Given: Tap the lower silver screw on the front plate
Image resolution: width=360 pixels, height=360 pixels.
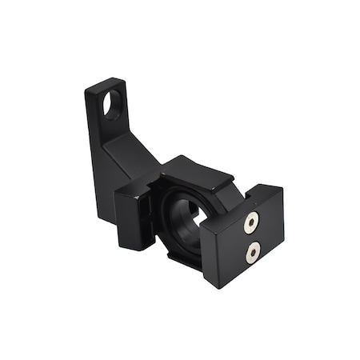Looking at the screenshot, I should coord(251,254).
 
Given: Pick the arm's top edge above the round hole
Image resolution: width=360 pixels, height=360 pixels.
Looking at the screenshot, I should coord(108,80).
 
